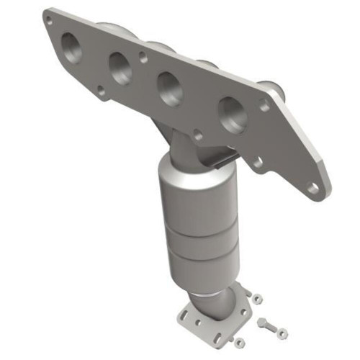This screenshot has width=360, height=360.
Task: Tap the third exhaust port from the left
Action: pyautogui.click(x=170, y=89)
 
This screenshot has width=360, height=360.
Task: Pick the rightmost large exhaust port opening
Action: pyautogui.click(x=232, y=113)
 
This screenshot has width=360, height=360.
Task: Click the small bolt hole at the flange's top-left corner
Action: pyautogui.click(x=48, y=20)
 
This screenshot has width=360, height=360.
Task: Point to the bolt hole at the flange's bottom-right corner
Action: pyautogui.click(x=312, y=188)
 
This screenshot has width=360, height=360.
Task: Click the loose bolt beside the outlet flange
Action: pyautogui.click(x=268, y=325)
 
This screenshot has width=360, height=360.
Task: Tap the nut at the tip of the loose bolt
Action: pyautogui.click(x=282, y=333)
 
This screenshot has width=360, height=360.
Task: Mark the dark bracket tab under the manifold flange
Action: pyautogui.click(x=223, y=160)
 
